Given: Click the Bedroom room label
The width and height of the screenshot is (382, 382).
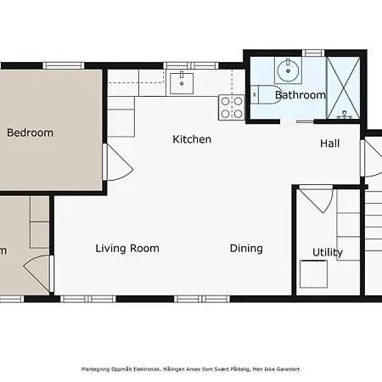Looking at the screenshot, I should pos(30,132).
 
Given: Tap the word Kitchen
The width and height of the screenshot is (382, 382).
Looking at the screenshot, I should pos(192,139).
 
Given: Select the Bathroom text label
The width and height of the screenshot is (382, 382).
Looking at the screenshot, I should pos(300,95).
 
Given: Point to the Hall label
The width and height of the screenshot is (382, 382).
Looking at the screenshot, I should pos(329,143).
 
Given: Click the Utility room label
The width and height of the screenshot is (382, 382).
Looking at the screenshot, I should pos(328,252).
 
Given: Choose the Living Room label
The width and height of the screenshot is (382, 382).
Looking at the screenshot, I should pos(127,249).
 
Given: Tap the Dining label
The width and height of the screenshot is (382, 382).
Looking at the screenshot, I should pos(246,249).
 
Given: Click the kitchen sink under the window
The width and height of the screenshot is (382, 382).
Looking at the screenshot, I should pos(183,82).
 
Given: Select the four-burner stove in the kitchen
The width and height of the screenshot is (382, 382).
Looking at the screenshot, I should pos(232,106).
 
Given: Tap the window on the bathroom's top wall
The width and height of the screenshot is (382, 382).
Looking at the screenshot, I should pos(313,53).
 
